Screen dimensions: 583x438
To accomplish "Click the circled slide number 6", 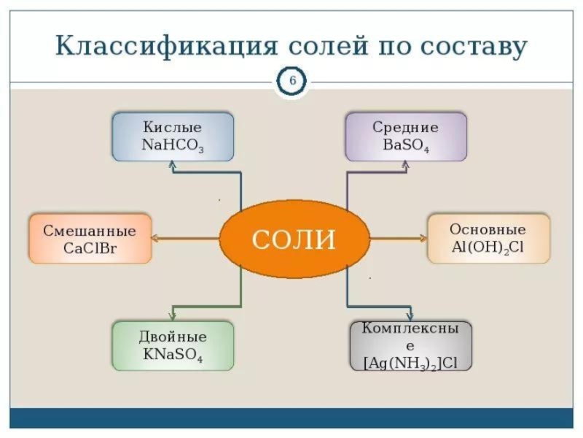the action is [291, 81].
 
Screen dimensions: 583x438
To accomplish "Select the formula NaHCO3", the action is [173, 145].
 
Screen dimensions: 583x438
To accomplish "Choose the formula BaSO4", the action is [406, 145].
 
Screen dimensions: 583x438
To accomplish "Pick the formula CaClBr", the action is [90, 248].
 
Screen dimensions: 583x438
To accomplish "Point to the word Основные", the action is [488, 229].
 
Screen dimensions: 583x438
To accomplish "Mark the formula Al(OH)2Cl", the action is [488, 247].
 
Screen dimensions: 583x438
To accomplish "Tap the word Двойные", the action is [173, 337].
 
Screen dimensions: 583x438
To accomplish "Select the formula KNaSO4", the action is [173, 355].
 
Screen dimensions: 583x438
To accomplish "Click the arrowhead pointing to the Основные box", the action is [423, 238].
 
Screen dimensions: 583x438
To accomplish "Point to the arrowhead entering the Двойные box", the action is [172, 316].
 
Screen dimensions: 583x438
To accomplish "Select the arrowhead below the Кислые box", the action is [172, 166].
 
